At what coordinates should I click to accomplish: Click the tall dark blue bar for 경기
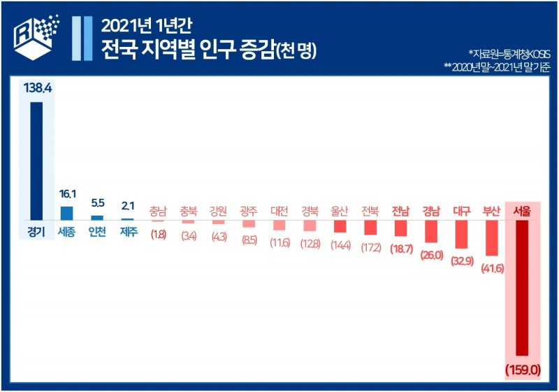coord(36,160)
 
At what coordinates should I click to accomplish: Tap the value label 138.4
coord(36,88)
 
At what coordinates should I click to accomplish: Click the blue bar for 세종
coord(66,213)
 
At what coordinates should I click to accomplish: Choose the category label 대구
coord(461,211)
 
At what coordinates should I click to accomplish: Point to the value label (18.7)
coord(400,248)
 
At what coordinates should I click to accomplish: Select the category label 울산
coord(340,211)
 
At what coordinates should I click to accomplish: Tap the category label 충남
coord(158,211)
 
